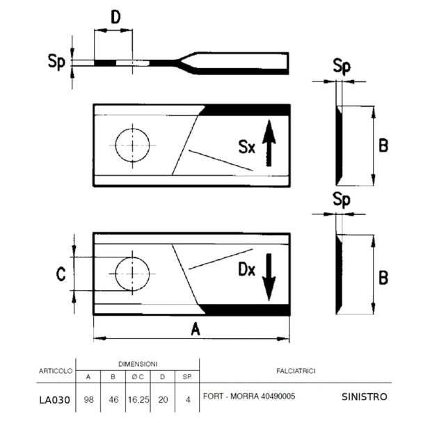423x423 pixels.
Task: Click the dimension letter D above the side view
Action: click(x=115, y=17)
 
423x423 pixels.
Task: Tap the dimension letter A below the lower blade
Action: click(x=195, y=329)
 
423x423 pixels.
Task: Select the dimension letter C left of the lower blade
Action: click(x=61, y=274)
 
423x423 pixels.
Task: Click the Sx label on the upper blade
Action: click(x=247, y=147)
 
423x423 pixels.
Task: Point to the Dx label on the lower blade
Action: click(x=247, y=269)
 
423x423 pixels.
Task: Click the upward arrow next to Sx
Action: click(x=269, y=143)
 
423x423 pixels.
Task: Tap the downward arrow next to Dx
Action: click(x=269, y=277)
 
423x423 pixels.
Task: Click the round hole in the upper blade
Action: click(x=132, y=145)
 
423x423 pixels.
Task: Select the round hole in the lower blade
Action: click(x=132, y=274)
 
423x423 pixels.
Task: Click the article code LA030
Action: click(x=55, y=400)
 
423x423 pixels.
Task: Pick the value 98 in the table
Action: click(x=88, y=399)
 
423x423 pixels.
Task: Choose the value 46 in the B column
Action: click(x=113, y=399)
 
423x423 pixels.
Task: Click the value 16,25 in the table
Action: click(x=138, y=400)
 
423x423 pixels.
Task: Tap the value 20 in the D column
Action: click(x=163, y=399)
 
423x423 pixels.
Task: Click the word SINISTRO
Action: click(x=365, y=397)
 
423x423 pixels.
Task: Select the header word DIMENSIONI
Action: click(x=138, y=364)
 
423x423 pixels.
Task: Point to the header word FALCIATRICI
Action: click(x=296, y=372)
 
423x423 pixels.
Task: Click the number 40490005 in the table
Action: click(x=278, y=397)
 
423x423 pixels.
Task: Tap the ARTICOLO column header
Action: click(x=56, y=371)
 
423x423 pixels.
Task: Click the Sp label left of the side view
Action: click(x=56, y=62)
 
